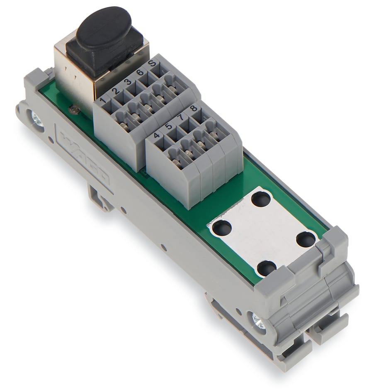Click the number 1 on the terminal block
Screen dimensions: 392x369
[102, 100]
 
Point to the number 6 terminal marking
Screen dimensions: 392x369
[140, 72]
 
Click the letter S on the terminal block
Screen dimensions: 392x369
[152, 63]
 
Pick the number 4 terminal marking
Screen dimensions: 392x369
[156, 135]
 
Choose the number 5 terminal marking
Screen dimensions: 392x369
[168, 127]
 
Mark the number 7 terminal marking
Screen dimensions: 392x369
[181, 118]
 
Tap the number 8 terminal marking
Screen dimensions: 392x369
[193, 108]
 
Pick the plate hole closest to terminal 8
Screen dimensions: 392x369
[261, 200]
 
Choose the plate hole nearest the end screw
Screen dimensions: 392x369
[266, 268]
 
